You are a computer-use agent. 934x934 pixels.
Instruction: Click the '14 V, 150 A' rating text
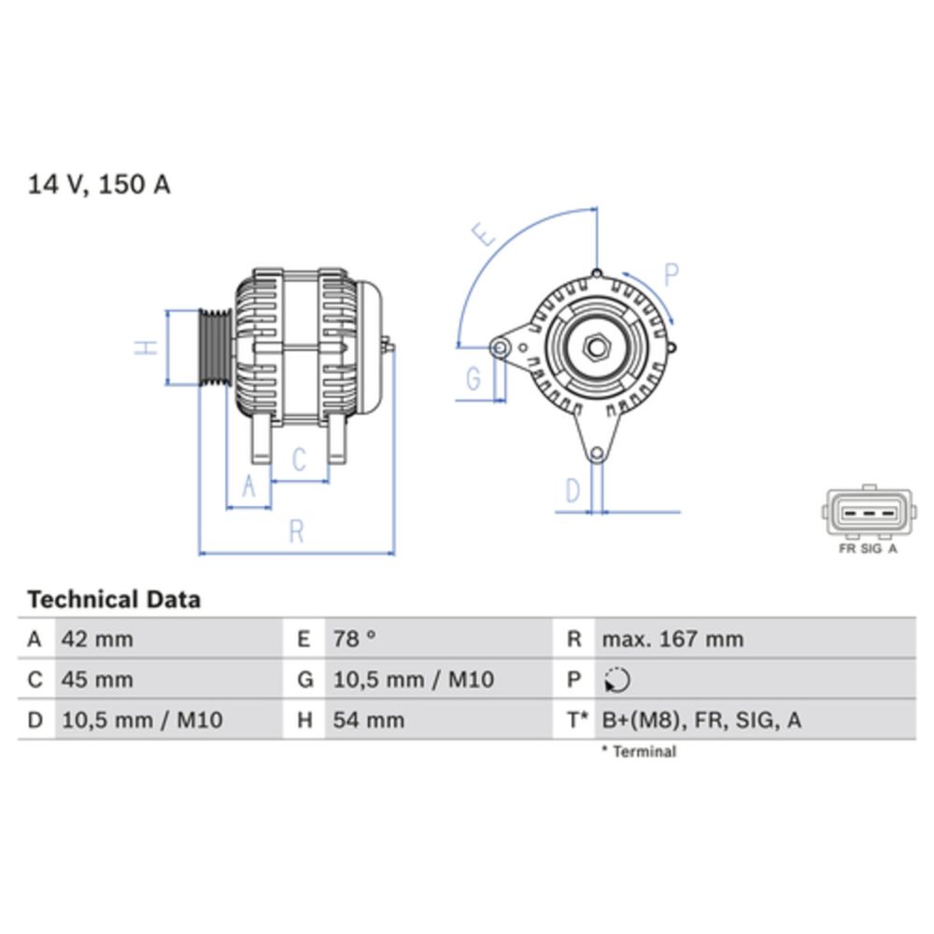coord(99,185)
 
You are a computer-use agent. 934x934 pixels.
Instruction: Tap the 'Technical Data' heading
coord(113,599)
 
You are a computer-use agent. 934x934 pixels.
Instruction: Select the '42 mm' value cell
coord(97,640)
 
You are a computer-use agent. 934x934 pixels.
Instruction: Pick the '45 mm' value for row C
coord(97,680)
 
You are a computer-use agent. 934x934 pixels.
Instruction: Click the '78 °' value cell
coord(355,640)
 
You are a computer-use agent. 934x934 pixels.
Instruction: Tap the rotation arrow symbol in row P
coord(616,681)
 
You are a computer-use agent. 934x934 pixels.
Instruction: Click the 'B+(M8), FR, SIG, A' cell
coord(701,720)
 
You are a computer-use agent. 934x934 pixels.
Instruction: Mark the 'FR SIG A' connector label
coord(868,549)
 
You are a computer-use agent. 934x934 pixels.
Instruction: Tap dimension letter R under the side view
coord(296,531)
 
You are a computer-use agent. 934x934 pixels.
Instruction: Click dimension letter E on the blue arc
coord(483,234)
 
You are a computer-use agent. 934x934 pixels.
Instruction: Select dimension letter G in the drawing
coord(474,378)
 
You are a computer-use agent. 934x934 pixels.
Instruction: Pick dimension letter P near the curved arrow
coord(671,274)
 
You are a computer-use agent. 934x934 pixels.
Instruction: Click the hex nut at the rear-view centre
coord(596,348)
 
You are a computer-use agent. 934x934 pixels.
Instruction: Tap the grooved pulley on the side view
coord(215,347)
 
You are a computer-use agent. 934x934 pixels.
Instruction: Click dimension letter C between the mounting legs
coord(299,460)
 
